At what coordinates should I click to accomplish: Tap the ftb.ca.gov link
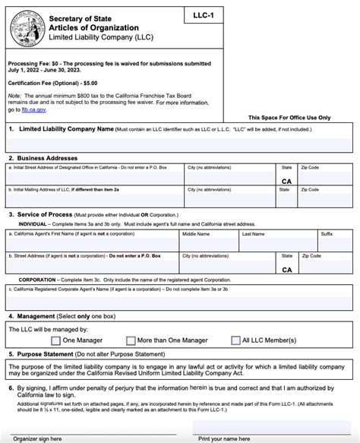[29, 110]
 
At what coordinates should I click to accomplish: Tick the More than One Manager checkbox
[131, 340]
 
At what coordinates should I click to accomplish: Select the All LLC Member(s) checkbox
[235, 340]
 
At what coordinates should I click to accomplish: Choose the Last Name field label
[254, 235]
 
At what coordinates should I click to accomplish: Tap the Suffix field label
[327, 235]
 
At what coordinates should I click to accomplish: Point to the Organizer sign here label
[36, 438]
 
